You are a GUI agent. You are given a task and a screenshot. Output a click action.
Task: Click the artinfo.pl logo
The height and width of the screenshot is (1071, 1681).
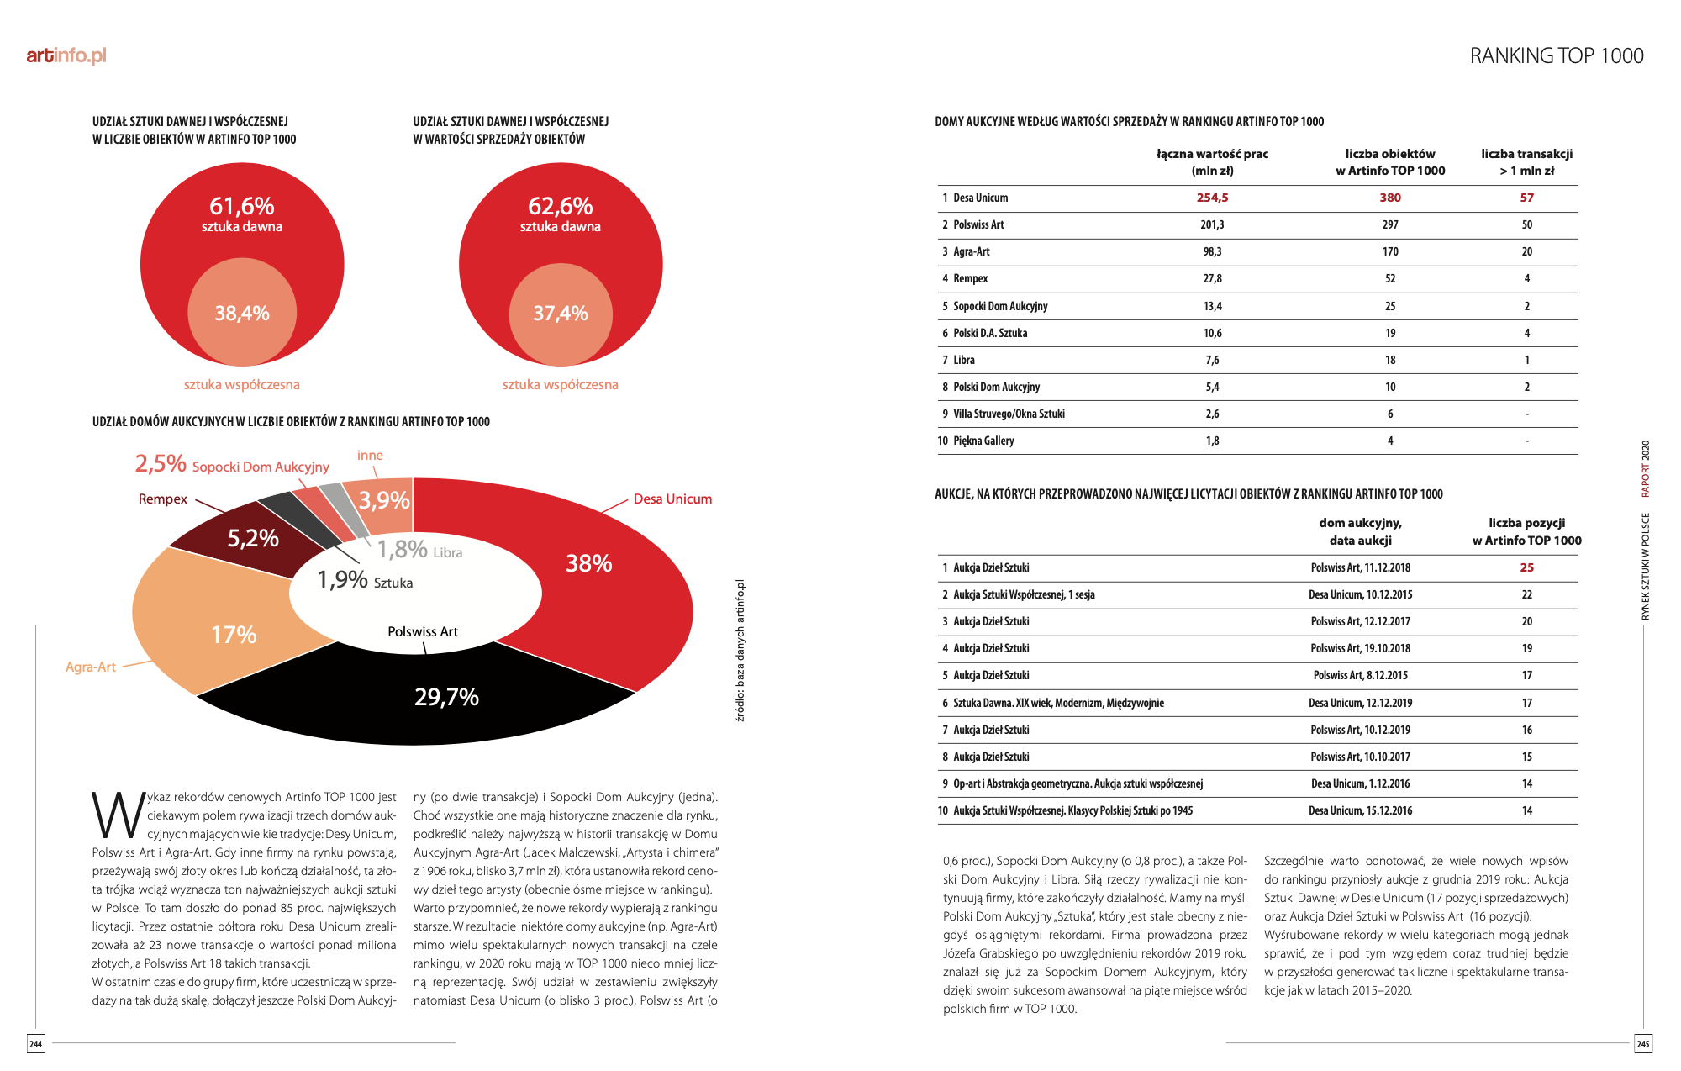coord(66,55)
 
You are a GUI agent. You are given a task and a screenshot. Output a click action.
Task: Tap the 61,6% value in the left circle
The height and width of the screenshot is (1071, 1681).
coord(242,206)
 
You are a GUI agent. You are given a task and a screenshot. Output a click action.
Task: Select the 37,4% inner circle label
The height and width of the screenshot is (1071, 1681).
coord(561,314)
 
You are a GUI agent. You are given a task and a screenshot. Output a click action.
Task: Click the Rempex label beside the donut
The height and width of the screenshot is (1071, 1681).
coord(163,499)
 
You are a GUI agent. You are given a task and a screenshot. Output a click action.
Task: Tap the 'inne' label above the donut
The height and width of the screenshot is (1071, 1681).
coord(370,456)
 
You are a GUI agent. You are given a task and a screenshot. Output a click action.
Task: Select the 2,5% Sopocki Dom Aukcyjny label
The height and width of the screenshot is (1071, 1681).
coord(232,465)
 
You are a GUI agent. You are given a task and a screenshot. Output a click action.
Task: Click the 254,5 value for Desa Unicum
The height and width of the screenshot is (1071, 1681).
coord(1212,198)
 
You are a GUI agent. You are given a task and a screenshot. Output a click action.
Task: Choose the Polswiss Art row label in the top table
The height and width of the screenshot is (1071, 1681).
coord(978,224)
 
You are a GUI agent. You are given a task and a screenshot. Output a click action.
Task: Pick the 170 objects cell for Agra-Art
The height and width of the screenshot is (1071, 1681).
coord(1390,251)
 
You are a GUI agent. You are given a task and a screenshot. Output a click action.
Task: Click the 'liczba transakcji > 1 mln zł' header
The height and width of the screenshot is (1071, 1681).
coord(1526,162)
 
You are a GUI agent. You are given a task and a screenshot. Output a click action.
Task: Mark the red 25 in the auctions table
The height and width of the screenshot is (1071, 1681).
coord(1526,567)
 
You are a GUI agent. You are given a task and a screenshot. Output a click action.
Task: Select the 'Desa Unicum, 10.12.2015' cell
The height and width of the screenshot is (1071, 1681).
coord(1360,594)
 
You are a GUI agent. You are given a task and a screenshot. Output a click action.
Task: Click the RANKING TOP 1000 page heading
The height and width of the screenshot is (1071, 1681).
coord(1557,55)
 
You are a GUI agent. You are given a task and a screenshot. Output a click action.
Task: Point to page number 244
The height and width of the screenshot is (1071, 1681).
coord(35,1044)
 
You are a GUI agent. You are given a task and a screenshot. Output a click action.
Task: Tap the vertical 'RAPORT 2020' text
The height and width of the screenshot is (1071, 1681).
coord(1646,469)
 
